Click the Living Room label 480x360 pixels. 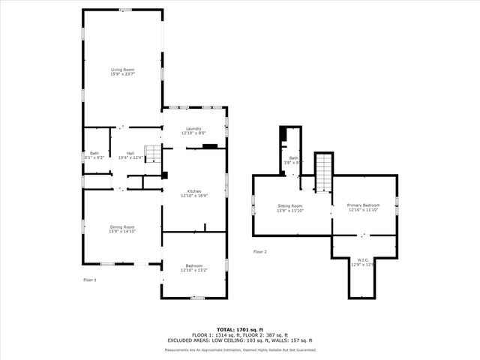pos(122,70)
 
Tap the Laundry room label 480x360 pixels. pos(193,128)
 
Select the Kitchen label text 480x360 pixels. pos(193,191)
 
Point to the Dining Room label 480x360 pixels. pos(121,226)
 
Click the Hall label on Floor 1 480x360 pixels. pos(130,153)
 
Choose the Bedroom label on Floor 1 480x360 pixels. pos(193,265)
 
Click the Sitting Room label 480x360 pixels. pos(289,205)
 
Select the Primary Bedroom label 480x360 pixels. pos(363,205)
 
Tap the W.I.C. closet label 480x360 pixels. pos(362,259)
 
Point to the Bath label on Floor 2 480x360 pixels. pos(294,157)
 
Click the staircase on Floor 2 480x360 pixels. pos(323,172)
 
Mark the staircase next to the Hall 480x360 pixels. pos(152,154)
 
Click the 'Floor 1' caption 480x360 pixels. pos(89,280)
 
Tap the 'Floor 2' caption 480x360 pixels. pos(259,251)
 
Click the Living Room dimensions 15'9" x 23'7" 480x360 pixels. pos(122,74)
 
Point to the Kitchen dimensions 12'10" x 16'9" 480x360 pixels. pos(193,196)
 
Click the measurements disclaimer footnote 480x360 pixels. pos(240,349)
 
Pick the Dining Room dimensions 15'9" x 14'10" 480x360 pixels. pos(121,231)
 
